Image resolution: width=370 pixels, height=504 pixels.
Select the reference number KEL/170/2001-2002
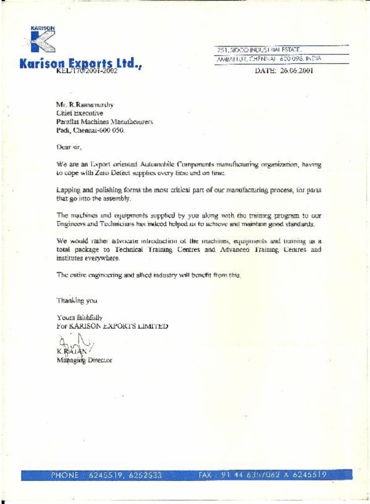(x=86, y=71)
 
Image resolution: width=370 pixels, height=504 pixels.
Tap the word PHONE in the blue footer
(x=64, y=475)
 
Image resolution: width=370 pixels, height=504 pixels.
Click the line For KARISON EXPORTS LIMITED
(x=112, y=325)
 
